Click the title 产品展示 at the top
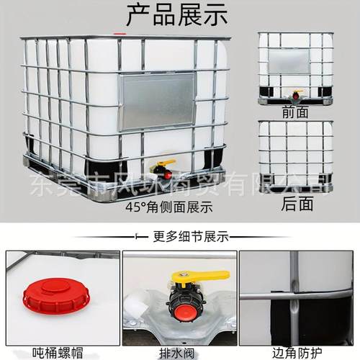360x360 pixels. [176, 14]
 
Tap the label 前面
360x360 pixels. [296, 112]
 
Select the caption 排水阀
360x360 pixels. [181, 353]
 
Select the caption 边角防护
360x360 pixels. [297, 353]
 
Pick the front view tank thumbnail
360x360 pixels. [296, 68]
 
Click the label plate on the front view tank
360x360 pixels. [288, 60]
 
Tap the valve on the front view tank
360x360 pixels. [295, 94]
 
